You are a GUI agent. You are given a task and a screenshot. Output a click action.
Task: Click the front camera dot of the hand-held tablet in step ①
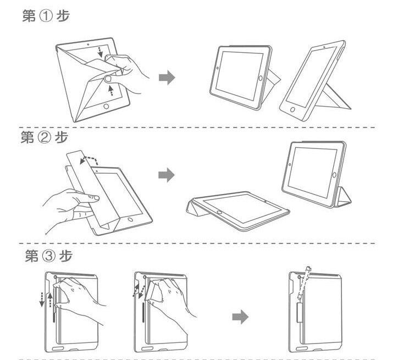(x=88, y=42)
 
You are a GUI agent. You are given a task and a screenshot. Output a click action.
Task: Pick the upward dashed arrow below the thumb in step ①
(x=112, y=89)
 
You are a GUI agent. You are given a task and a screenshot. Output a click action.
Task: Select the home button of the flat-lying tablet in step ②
(x=220, y=210)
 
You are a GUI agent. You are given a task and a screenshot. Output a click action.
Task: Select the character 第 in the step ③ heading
(x=32, y=256)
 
